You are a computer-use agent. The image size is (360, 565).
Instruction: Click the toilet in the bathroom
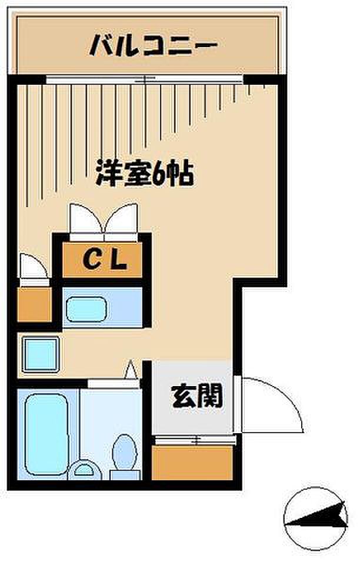click(x=125, y=455)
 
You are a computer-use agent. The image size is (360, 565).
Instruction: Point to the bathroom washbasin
click(x=85, y=471)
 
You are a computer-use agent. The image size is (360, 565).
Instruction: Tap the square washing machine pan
click(x=41, y=354)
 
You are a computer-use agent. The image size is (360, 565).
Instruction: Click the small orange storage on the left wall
click(x=34, y=304)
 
